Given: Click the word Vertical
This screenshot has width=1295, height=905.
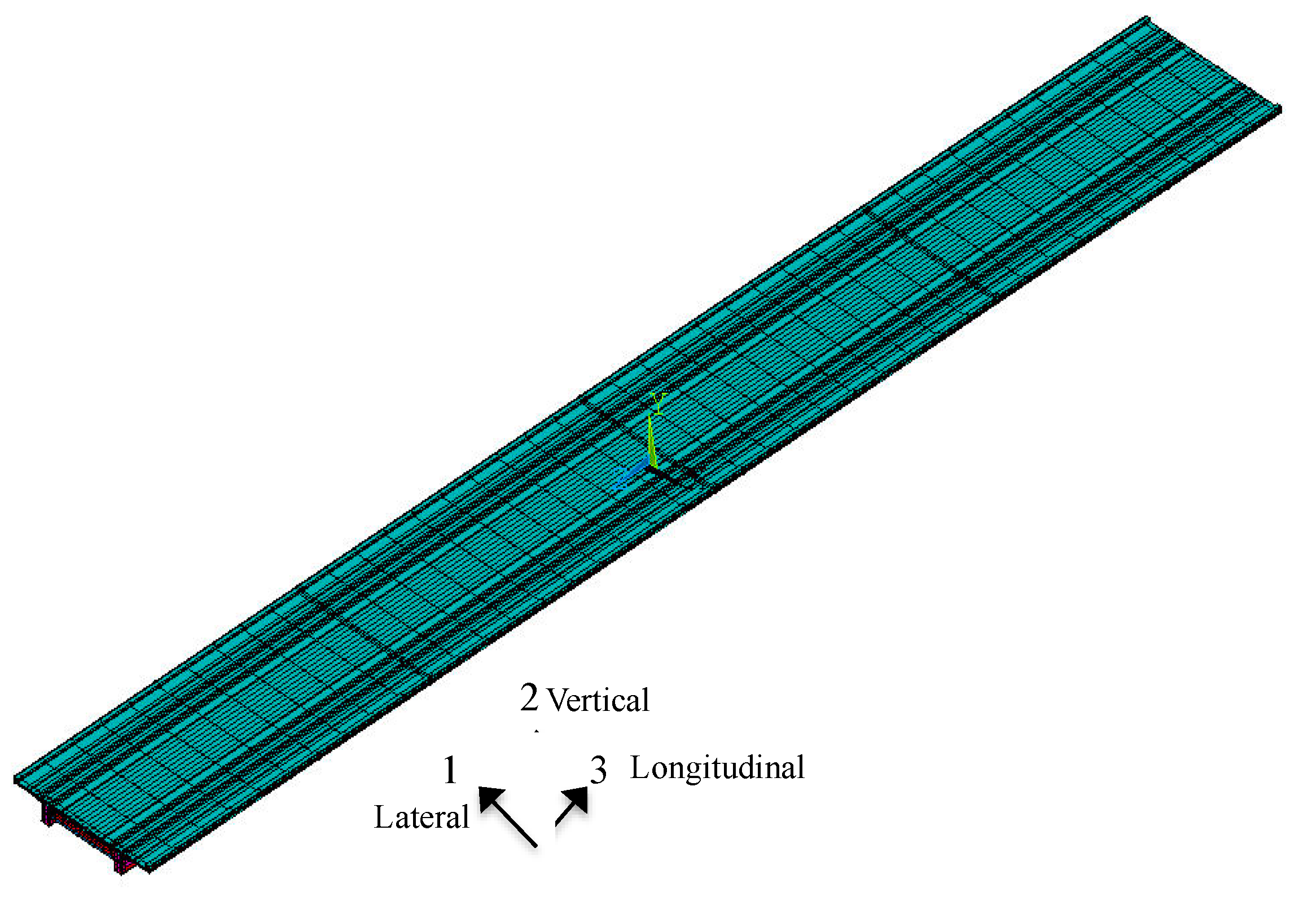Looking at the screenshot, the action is click(598, 700).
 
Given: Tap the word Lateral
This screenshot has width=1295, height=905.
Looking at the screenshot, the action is click(422, 818).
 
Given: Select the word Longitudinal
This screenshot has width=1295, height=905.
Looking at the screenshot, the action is click(717, 768).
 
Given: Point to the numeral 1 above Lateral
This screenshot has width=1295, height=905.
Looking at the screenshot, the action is click(450, 770).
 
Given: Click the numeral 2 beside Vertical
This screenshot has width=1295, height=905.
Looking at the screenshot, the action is click(529, 697).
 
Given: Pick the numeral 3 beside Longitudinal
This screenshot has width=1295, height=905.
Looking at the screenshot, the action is click(598, 770).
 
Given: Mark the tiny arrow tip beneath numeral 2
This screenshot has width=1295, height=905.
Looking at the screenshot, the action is click(537, 731).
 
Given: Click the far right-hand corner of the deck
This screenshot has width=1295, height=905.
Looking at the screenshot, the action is click(1280, 107).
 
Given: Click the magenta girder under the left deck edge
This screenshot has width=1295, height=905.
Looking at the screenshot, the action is click(49, 815).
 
